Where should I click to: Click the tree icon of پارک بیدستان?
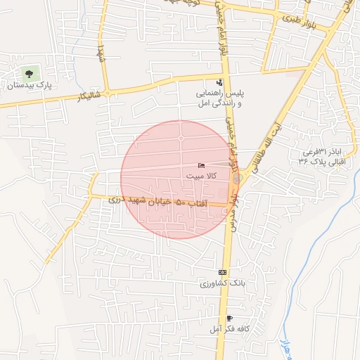(29, 73)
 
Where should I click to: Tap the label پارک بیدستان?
(30, 86)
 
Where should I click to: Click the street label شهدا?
(102, 51)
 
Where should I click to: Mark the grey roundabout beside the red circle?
(237, 179)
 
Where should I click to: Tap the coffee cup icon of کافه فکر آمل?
(229, 318)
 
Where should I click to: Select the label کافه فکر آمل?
(226, 329)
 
